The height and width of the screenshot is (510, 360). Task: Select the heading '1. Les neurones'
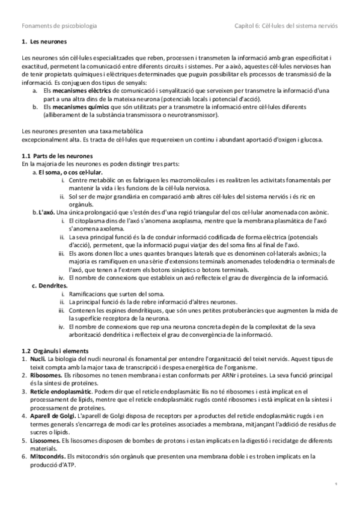[x=43, y=42]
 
